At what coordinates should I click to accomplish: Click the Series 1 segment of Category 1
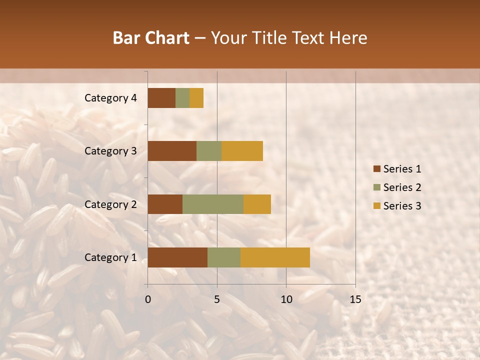(177, 257)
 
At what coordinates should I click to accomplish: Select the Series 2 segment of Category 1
(224, 257)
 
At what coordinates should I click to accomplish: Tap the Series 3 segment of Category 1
(275, 257)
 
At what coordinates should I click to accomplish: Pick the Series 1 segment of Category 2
(165, 204)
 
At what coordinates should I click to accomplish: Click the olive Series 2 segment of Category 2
(213, 204)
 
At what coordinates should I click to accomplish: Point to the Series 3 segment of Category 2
(257, 204)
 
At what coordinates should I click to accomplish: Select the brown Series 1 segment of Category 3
(172, 151)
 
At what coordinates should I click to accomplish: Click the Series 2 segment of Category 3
(209, 151)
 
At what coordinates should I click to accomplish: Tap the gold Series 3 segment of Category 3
(242, 151)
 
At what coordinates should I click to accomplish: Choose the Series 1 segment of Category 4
(161, 98)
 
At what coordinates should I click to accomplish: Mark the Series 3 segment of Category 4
(196, 98)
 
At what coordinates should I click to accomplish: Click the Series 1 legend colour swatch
(376, 169)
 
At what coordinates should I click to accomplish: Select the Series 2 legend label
(402, 187)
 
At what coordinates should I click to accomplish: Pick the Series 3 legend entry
(397, 206)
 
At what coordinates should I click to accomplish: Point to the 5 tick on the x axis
(217, 299)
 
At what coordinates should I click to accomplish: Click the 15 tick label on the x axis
(355, 299)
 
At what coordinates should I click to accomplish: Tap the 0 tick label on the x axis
(148, 299)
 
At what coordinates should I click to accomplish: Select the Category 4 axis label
(110, 98)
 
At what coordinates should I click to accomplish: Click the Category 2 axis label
(110, 204)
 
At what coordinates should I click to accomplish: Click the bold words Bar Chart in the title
(151, 38)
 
